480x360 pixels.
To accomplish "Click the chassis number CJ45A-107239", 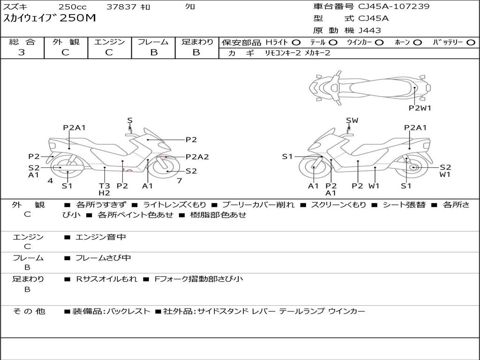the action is (x=394, y=6).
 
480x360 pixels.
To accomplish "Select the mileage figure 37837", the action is (x=121, y=7).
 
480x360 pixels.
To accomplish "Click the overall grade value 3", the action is (x=22, y=52).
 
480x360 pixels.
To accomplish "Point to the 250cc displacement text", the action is (x=73, y=7).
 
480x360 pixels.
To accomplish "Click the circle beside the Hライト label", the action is (x=296, y=43).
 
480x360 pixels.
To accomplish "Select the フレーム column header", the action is (x=153, y=42).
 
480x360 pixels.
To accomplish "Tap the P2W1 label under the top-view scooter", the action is (x=420, y=108).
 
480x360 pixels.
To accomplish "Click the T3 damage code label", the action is (x=105, y=186).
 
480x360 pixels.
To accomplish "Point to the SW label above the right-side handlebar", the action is (x=352, y=120).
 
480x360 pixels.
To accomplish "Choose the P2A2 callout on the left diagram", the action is (x=197, y=157).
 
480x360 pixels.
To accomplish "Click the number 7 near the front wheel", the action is (x=180, y=181).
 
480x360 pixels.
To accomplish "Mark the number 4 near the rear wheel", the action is (x=50, y=181).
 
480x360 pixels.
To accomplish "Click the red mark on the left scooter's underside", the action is (x=127, y=170).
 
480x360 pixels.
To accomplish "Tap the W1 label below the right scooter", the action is (x=374, y=186).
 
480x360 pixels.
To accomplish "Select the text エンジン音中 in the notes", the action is (x=100, y=237).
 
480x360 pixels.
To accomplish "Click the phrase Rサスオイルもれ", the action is (x=106, y=279).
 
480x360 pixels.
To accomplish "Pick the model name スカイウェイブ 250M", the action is (x=50, y=18).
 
